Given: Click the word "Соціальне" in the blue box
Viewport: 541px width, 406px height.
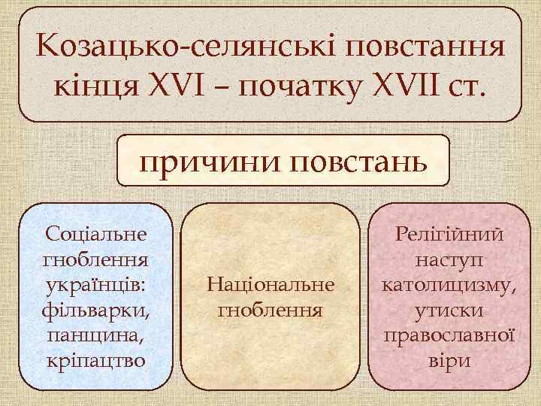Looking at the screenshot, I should pyautogui.click(x=95, y=233).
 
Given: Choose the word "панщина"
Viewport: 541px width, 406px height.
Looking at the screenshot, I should pyautogui.click(x=94, y=335).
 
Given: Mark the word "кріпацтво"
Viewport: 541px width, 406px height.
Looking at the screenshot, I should pyautogui.click(x=95, y=361).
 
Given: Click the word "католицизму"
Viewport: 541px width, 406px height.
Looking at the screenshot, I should pyautogui.click(x=449, y=284).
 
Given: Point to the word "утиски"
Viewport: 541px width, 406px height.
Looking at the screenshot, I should pyautogui.click(x=449, y=310).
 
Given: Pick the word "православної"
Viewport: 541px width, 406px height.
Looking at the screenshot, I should pyautogui.click(x=449, y=335).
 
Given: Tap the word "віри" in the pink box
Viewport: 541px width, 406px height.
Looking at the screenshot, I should pyautogui.click(x=449, y=361).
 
